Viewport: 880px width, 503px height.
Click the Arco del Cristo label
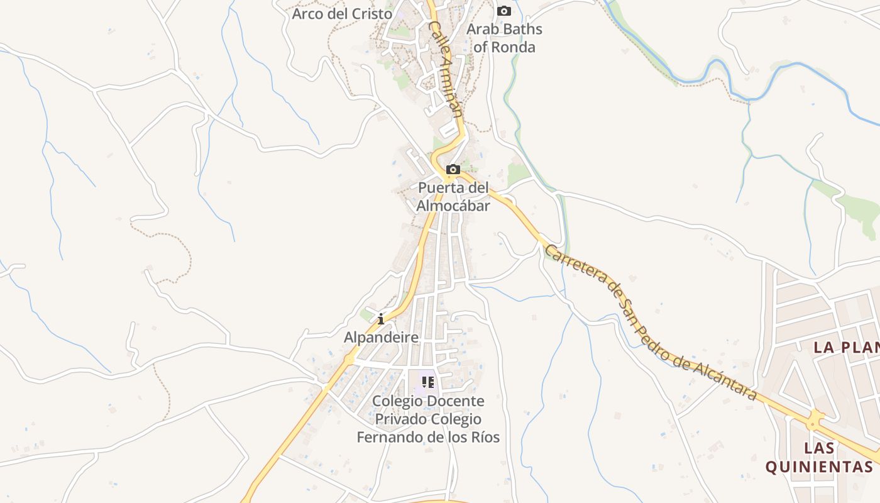coord(342,13)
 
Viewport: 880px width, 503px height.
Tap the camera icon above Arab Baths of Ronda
coord(503,11)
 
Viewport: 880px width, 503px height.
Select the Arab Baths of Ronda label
coord(504,38)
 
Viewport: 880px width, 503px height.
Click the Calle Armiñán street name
coord(445,69)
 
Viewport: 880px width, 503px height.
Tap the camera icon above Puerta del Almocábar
coord(453,169)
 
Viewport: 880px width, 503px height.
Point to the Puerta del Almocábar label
coord(453,196)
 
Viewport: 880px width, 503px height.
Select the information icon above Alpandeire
coord(380,319)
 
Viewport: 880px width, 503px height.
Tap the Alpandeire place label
coord(381,338)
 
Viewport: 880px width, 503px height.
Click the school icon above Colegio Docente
coord(428,382)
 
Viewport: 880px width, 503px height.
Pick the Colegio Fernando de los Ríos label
coord(428,419)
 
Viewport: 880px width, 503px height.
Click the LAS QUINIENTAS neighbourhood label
coord(819,457)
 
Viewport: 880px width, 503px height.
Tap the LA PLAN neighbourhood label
coord(846,347)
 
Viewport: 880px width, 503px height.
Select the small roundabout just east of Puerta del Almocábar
coord(509,201)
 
